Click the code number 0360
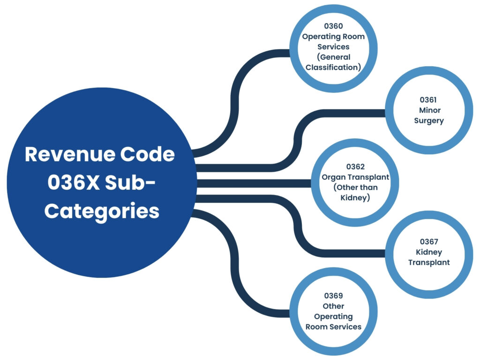[333, 26]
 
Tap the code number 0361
[428, 100]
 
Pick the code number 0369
[333, 296]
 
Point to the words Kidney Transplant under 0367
[428, 257]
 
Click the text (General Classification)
[333, 62]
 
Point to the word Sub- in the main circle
[135, 183]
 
